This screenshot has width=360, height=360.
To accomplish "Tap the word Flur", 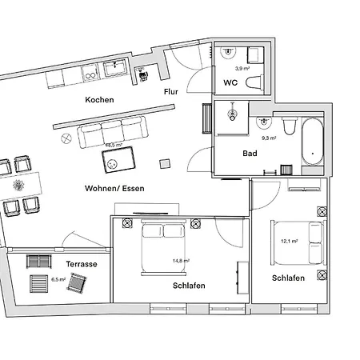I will [170, 92].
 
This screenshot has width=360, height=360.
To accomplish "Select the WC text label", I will [230, 82].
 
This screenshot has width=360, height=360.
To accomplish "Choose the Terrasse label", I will [82, 264].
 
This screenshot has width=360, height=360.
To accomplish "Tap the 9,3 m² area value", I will [268, 138].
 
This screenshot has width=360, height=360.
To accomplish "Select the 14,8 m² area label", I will [180, 260].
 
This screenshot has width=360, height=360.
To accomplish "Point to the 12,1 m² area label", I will [289, 240].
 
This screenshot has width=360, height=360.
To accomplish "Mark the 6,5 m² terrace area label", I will [58, 280].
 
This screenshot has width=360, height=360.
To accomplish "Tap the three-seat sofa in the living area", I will [112, 132].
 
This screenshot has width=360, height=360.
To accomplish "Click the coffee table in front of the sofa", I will [117, 162].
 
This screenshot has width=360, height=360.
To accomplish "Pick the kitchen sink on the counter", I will [113, 70].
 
